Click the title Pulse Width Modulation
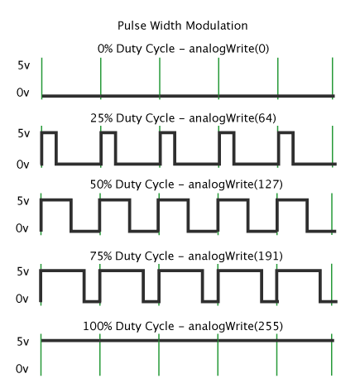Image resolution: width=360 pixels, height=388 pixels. tap(183, 26)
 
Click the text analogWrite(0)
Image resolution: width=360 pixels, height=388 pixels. tap(228, 49)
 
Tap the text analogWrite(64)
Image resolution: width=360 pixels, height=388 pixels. tap(233, 118)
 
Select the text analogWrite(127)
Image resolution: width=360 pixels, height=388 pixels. tap(235, 184)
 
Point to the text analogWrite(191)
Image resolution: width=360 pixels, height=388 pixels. tap(235, 256)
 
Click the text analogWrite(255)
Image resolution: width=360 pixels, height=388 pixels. tap(235, 326)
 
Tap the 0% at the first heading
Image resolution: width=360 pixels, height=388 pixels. tap(105, 49)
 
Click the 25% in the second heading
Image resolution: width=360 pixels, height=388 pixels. tap(102, 118)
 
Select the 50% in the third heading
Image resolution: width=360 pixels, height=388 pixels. tap(101, 184)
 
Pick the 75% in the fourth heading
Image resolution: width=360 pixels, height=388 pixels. tap(101, 256)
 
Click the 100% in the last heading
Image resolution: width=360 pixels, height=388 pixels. tap(98, 326)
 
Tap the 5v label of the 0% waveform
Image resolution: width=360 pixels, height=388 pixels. tap(24, 65)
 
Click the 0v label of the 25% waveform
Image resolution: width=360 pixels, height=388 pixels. tap(22, 165)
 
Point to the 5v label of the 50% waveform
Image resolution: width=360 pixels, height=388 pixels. tap(23, 201)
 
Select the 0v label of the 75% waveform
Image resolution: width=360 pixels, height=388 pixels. tap(22, 299)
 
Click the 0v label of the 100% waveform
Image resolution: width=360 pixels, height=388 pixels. tap(22, 369)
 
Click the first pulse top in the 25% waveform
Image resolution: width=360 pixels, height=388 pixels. tap(49, 133)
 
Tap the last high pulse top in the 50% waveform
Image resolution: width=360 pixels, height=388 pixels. tap(292, 199)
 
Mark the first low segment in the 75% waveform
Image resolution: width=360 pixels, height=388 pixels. tap(92, 301)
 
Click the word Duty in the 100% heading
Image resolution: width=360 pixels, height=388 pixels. tap(129, 327)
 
